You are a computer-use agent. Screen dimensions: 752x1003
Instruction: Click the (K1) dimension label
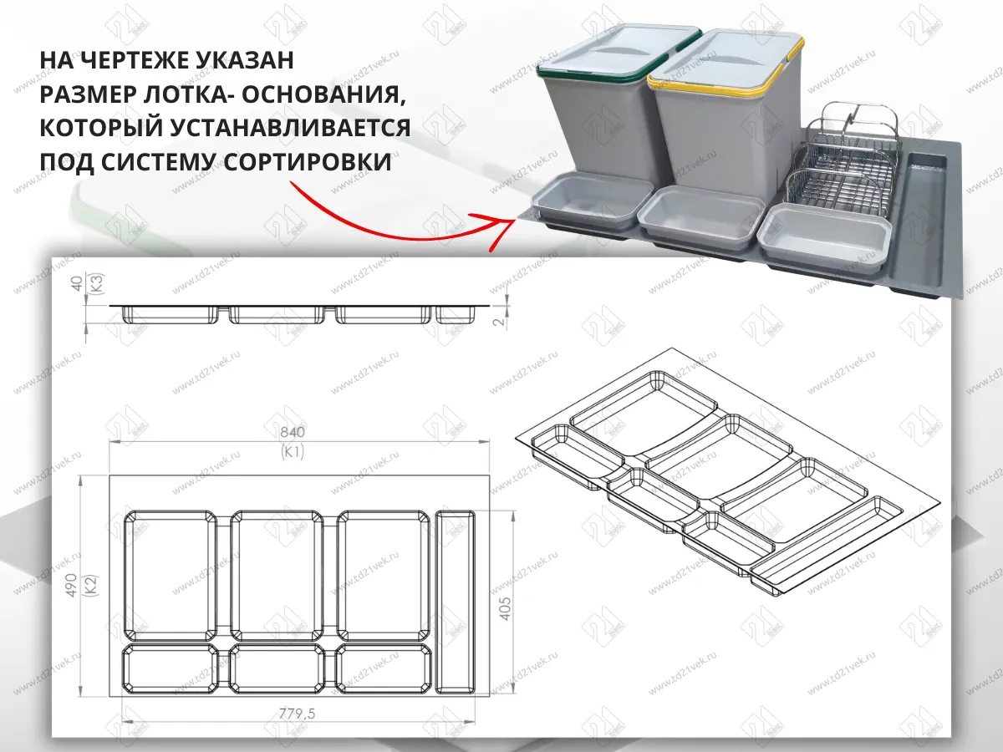pyautogui.click(x=293, y=452)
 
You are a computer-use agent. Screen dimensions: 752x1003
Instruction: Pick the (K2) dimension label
pyautogui.click(x=93, y=585)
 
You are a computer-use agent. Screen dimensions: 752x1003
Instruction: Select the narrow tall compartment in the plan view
pyautogui.click(x=456, y=603)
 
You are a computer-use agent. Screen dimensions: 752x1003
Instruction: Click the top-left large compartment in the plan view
pyautogui.click(x=170, y=573)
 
